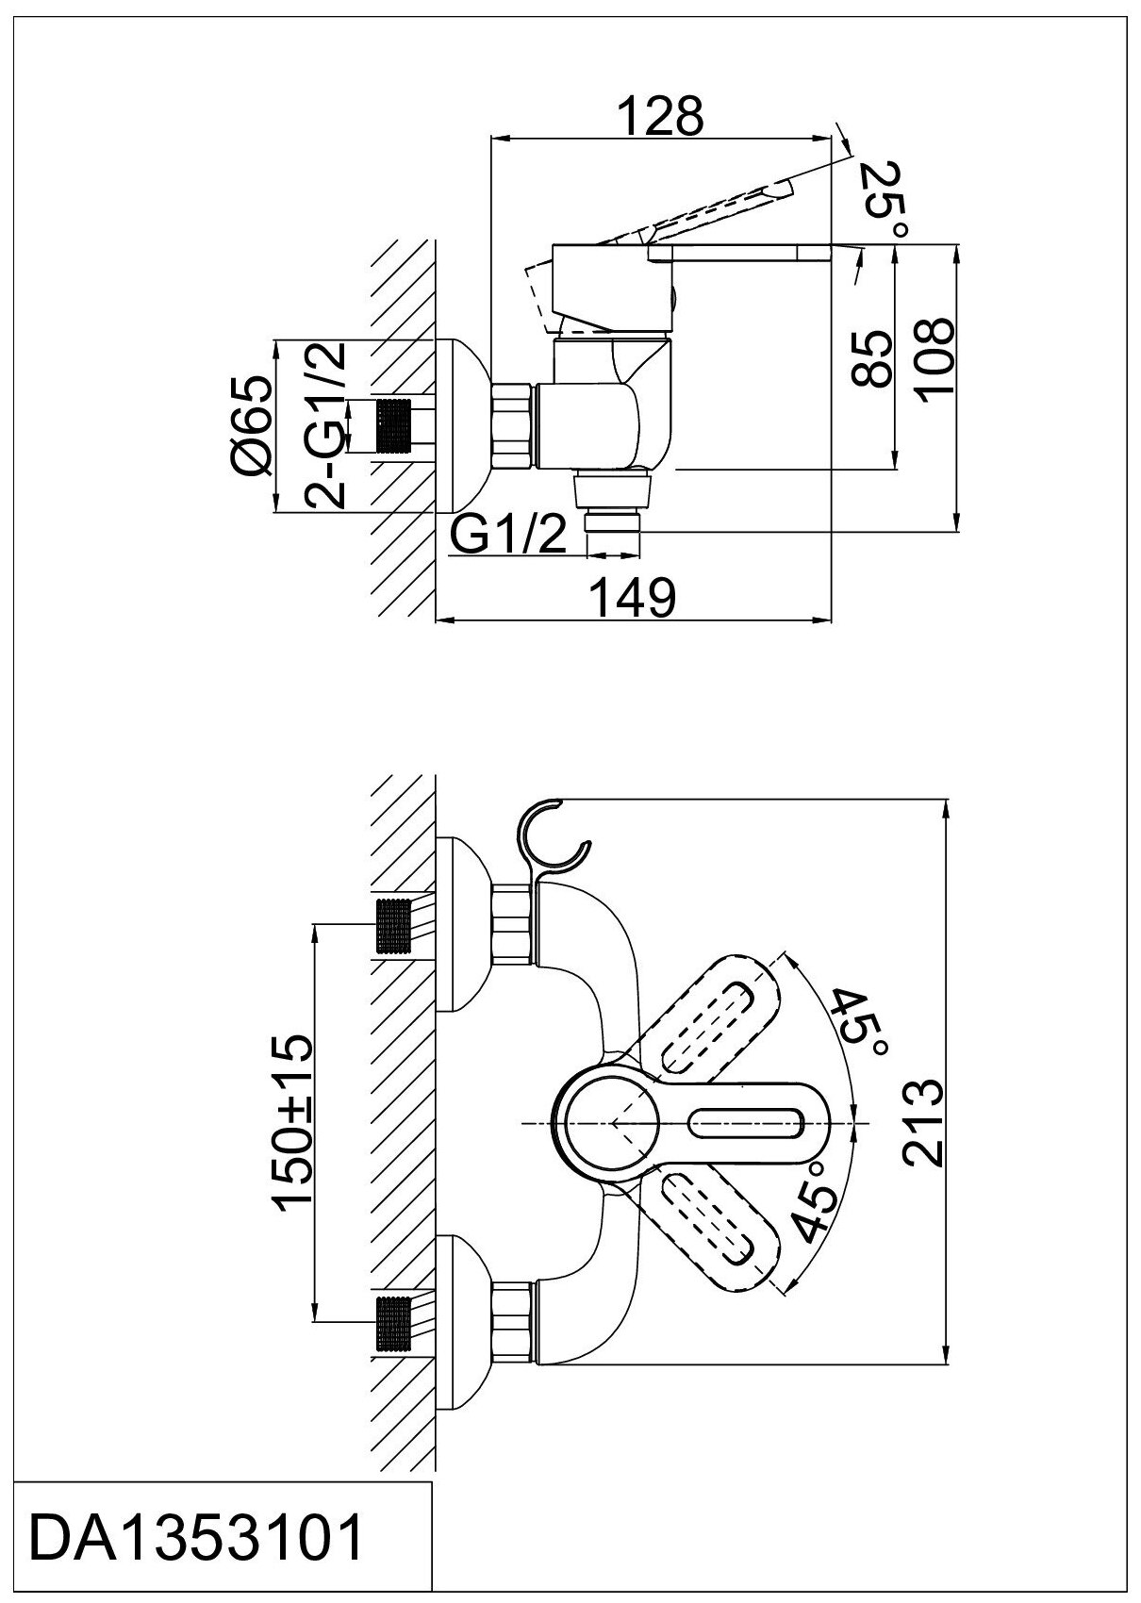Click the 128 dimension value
coord(660,117)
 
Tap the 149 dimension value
coord(633,598)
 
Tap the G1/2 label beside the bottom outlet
coord(508,537)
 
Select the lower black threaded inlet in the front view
coord(394,1323)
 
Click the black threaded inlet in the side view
coord(394,426)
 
